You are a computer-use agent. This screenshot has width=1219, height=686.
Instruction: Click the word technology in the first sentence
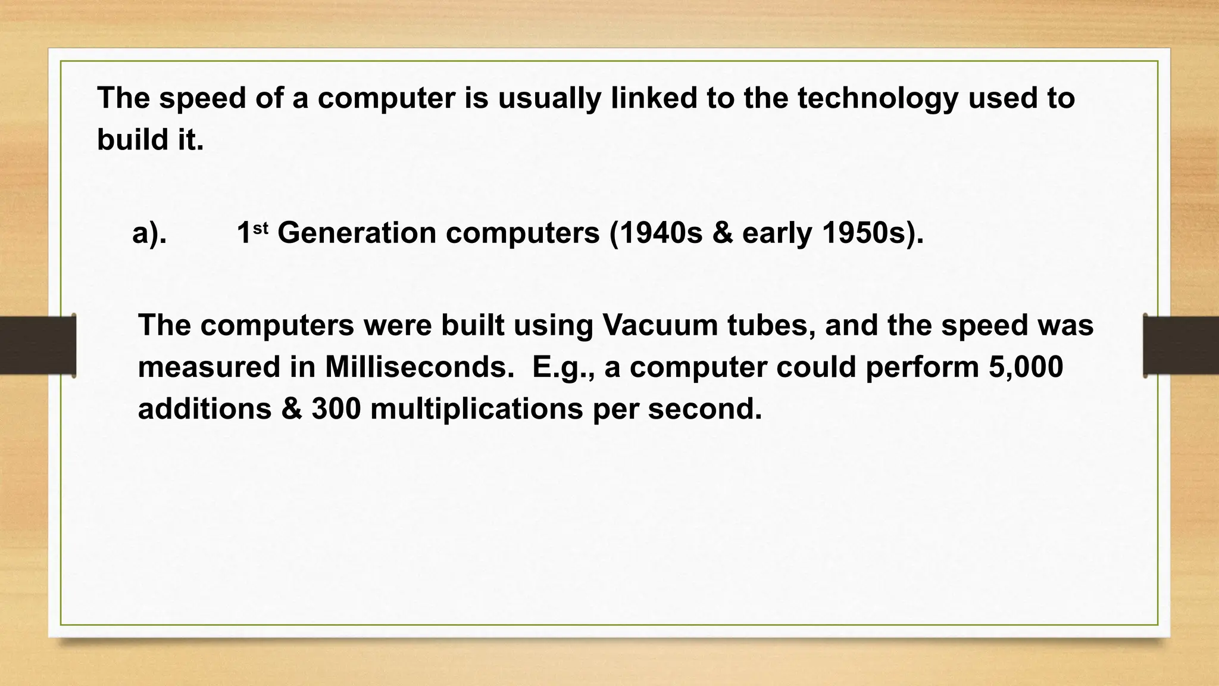(x=877, y=98)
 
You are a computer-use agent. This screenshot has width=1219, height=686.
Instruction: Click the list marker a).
(x=149, y=233)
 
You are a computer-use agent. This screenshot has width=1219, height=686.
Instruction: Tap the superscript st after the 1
(x=261, y=226)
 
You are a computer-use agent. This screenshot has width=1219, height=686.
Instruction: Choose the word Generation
(x=357, y=233)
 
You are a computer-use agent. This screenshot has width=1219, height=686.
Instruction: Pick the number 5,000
(x=1026, y=367)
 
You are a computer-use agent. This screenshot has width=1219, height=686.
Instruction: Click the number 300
(x=336, y=409)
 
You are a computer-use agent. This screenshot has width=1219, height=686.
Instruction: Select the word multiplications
(x=476, y=409)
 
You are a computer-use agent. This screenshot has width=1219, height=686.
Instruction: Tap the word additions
(x=205, y=409)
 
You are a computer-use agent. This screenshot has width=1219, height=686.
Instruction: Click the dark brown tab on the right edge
(x=1181, y=345)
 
